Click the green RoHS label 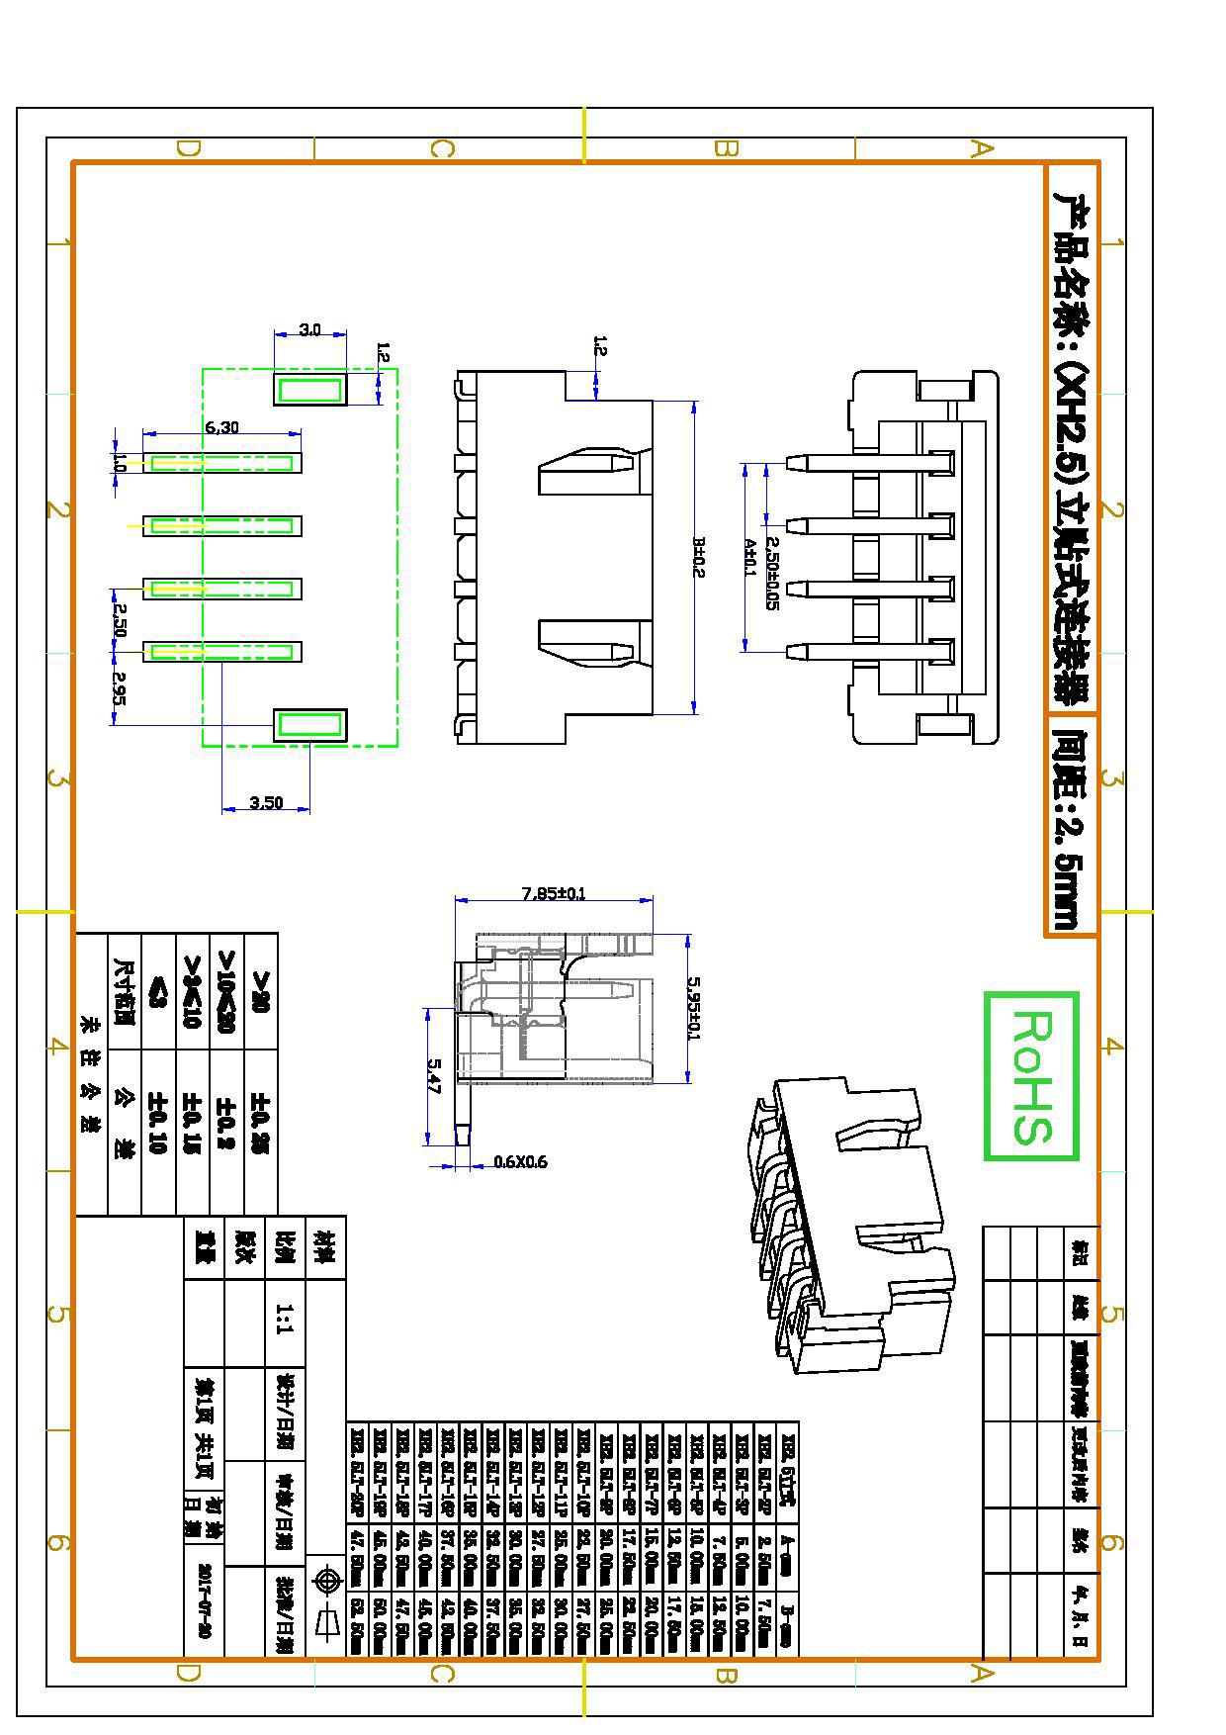point(1031,1075)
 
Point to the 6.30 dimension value point(221,427)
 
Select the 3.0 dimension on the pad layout point(309,329)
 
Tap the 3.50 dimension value point(266,802)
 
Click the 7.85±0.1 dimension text point(554,893)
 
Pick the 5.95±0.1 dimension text point(694,1008)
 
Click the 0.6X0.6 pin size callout point(520,1161)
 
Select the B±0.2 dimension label point(698,557)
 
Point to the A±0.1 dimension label point(749,558)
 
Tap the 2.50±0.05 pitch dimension point(772,574)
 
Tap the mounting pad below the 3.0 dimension point(309,389)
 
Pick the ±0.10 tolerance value point(157,1123)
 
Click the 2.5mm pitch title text point(1071,825)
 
